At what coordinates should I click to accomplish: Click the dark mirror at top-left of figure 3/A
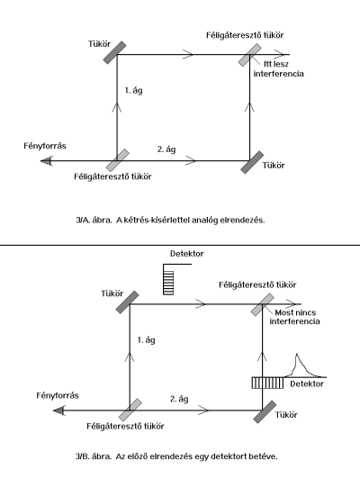point(114,53)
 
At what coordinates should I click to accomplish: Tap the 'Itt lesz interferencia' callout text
point(279,68)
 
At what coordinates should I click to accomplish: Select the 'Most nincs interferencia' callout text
point(294,317)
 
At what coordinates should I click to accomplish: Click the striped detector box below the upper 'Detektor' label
point(168,283)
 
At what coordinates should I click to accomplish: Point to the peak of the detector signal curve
point(297,354)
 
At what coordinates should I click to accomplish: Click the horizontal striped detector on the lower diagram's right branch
point(267,383)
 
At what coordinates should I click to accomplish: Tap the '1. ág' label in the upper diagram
point(133,91)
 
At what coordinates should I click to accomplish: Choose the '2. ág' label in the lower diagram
point(179,399)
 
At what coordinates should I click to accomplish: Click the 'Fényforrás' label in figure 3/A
point(45,146)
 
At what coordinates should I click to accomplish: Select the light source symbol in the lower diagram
point(58,410)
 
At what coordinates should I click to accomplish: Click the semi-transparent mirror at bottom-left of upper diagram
point(117,160)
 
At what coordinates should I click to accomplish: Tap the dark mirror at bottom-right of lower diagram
point(265,412)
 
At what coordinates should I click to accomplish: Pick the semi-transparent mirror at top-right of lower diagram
point(263,304)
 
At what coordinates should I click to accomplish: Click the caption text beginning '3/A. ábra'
point(170,221)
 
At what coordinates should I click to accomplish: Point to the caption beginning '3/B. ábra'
point(176,456)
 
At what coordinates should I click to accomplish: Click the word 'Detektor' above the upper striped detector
point(187,254)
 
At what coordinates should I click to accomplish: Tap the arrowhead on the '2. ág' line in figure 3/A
point(191,161)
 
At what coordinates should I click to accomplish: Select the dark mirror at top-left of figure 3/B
point(128,302)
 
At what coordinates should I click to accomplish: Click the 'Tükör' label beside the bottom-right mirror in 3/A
point(274,166)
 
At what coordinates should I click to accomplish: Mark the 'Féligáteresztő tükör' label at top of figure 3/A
point(245,35)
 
